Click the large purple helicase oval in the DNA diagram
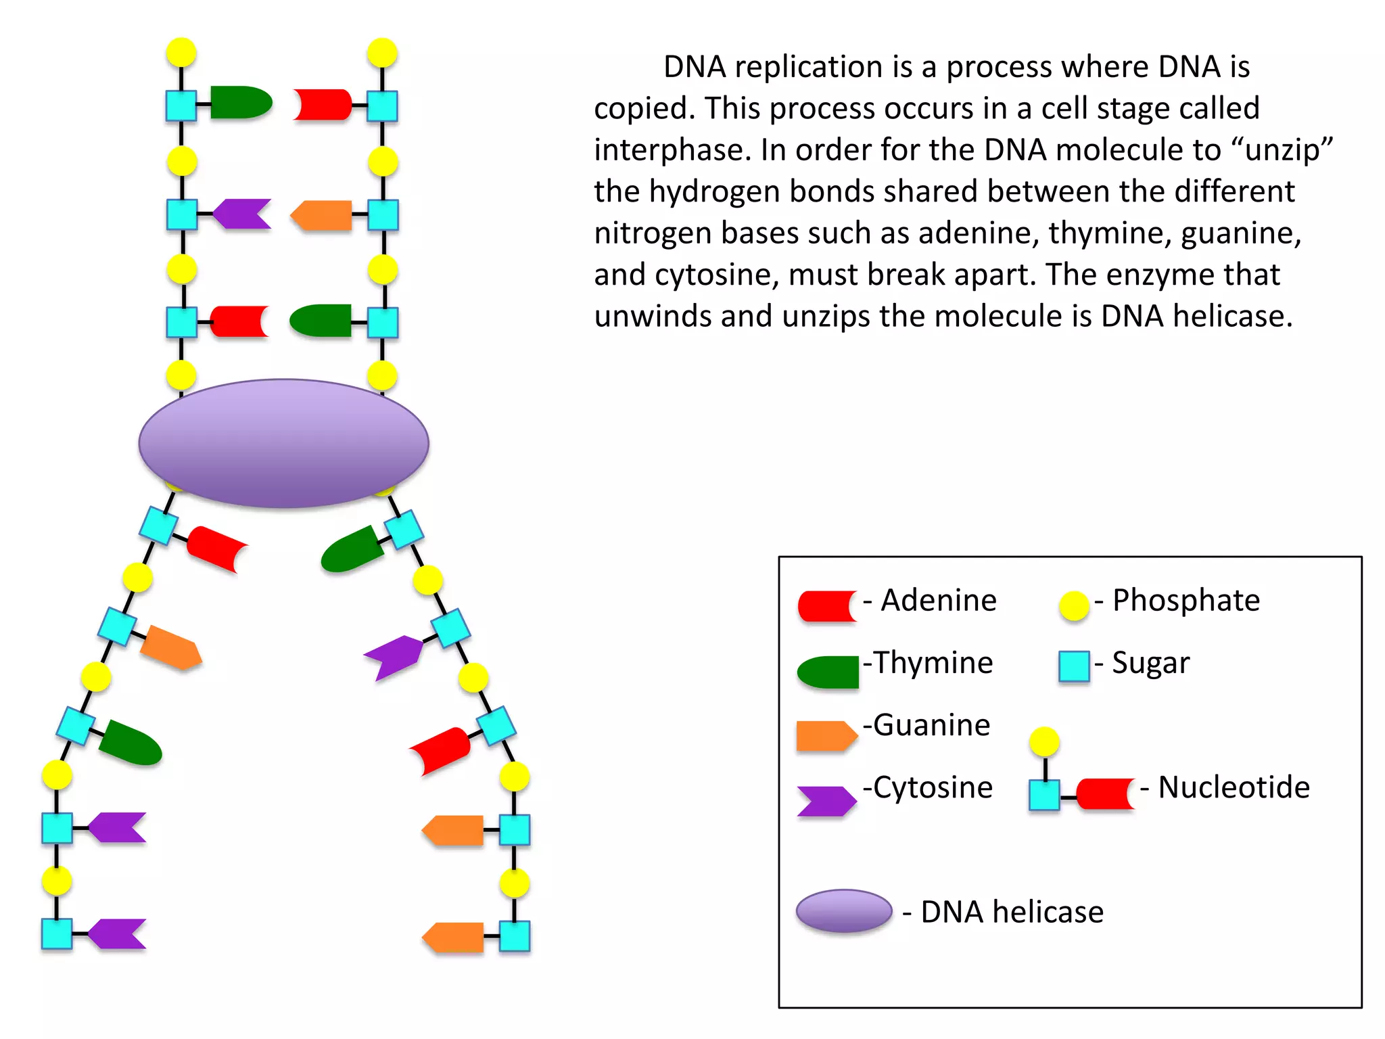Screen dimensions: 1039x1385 coord(283,443)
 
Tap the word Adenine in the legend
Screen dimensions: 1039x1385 coord(938,601)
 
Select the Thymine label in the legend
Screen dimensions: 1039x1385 coord(933,663)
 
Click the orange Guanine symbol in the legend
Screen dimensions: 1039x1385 coord(826,736)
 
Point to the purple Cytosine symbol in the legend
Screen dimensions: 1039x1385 coord(825,801)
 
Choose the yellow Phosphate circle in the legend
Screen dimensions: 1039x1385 coord(1074,605)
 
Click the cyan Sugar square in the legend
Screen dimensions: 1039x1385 coord(1074,666)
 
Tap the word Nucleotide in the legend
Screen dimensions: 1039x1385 coord(1234,787)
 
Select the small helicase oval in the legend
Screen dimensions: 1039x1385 coord(844,911)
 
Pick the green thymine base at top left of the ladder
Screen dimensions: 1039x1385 coord(240,103)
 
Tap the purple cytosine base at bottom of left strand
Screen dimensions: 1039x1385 coord(117,934)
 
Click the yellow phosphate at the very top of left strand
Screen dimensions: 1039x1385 coord(181,52)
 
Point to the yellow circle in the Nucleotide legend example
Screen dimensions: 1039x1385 coord(1044,742)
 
